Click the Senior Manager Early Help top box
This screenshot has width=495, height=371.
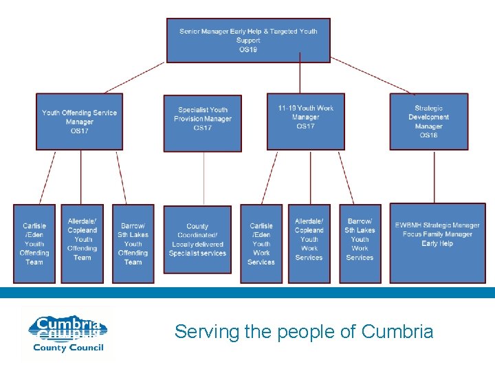tap(248, 41)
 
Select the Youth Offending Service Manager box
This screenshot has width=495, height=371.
tap(79, 122)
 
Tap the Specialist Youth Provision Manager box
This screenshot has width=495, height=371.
tap(203, 123)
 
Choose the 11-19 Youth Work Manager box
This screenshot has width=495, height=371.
tap(306, 122)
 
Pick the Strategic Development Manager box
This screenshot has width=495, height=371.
tap(428, 122)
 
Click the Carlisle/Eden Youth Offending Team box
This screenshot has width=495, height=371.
tap(34, 243)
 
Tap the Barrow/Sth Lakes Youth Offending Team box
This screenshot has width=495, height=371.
tap(133, 243)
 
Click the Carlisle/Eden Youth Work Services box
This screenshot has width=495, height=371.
tap(261, 243)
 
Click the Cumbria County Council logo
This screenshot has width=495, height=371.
tap(67, 334)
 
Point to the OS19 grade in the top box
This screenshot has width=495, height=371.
tap(248, 49)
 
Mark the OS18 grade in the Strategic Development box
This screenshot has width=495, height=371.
tap(428, 135)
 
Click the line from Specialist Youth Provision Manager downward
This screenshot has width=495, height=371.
tap(203, 179)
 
